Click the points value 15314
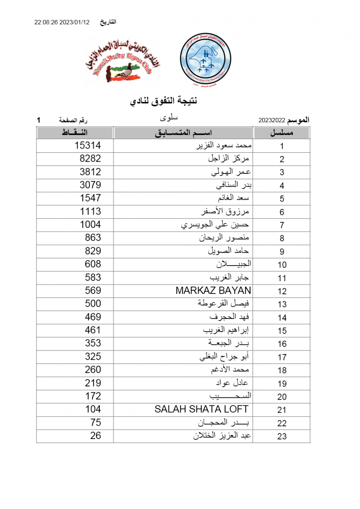point(87,145)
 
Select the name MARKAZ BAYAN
point(213,291)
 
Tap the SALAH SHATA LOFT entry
point(201,409)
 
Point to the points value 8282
point(90,159)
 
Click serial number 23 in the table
point(282,436)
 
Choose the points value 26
point(96,435)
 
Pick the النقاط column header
point(75,133)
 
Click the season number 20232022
point(272,120)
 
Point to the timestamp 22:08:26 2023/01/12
point(62,22)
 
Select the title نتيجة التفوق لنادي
point(163,101)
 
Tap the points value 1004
point(90,224)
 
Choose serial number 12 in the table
point(282,291)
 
